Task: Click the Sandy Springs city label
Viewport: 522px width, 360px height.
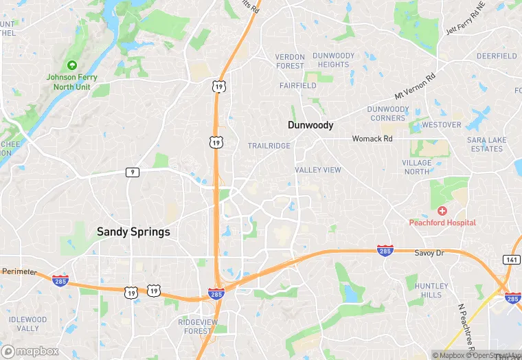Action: coord(133,232)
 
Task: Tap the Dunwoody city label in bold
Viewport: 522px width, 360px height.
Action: coord(310,125)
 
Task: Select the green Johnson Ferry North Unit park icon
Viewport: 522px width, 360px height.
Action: coord(71,65)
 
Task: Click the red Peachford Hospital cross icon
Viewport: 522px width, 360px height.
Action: coord(442,210)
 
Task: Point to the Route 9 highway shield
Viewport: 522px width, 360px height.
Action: coord(132,172)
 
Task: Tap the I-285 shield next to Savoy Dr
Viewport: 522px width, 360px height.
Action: coord(385,251)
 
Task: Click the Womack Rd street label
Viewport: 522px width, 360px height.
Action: coord(372,138)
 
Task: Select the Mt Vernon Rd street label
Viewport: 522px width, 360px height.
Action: coord(415,87)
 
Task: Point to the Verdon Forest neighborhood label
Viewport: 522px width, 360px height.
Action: coord(290,61)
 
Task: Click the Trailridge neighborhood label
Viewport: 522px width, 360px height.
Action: coord(269,146)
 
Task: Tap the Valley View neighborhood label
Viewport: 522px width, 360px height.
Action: coord(318,170)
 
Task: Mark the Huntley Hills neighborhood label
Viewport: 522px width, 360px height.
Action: coord(432,290)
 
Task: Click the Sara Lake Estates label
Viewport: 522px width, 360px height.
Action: coord(486,144)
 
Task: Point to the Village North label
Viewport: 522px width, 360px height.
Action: coord(417,167)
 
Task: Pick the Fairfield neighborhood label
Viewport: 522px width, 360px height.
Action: coord(297,86)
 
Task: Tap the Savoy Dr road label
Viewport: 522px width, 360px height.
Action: coord(429,254)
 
